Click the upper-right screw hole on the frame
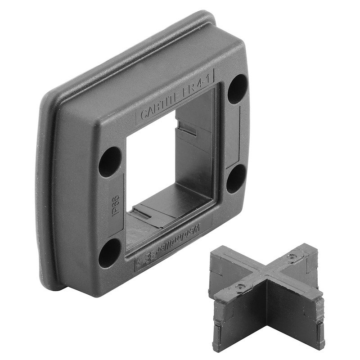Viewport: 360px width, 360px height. [x=237, y=90]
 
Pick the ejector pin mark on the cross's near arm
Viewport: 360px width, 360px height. [x=242, y=286]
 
